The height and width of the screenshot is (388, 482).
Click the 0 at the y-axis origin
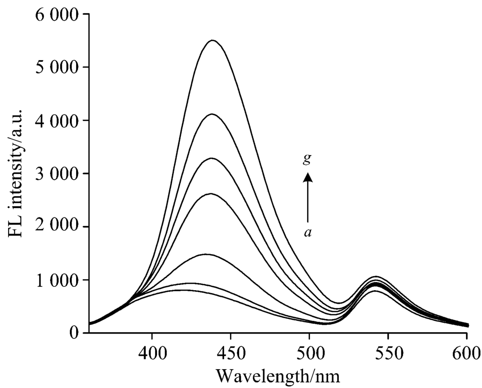pyautogui.click(x=76, y=333)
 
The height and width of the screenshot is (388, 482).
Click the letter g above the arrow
pyautogui.click(x=307, y=161)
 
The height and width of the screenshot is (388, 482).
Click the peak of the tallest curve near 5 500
pyautogui.click(x=212, y=40)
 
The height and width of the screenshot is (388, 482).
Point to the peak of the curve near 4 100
pyautogui.click(x=212, y=114)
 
